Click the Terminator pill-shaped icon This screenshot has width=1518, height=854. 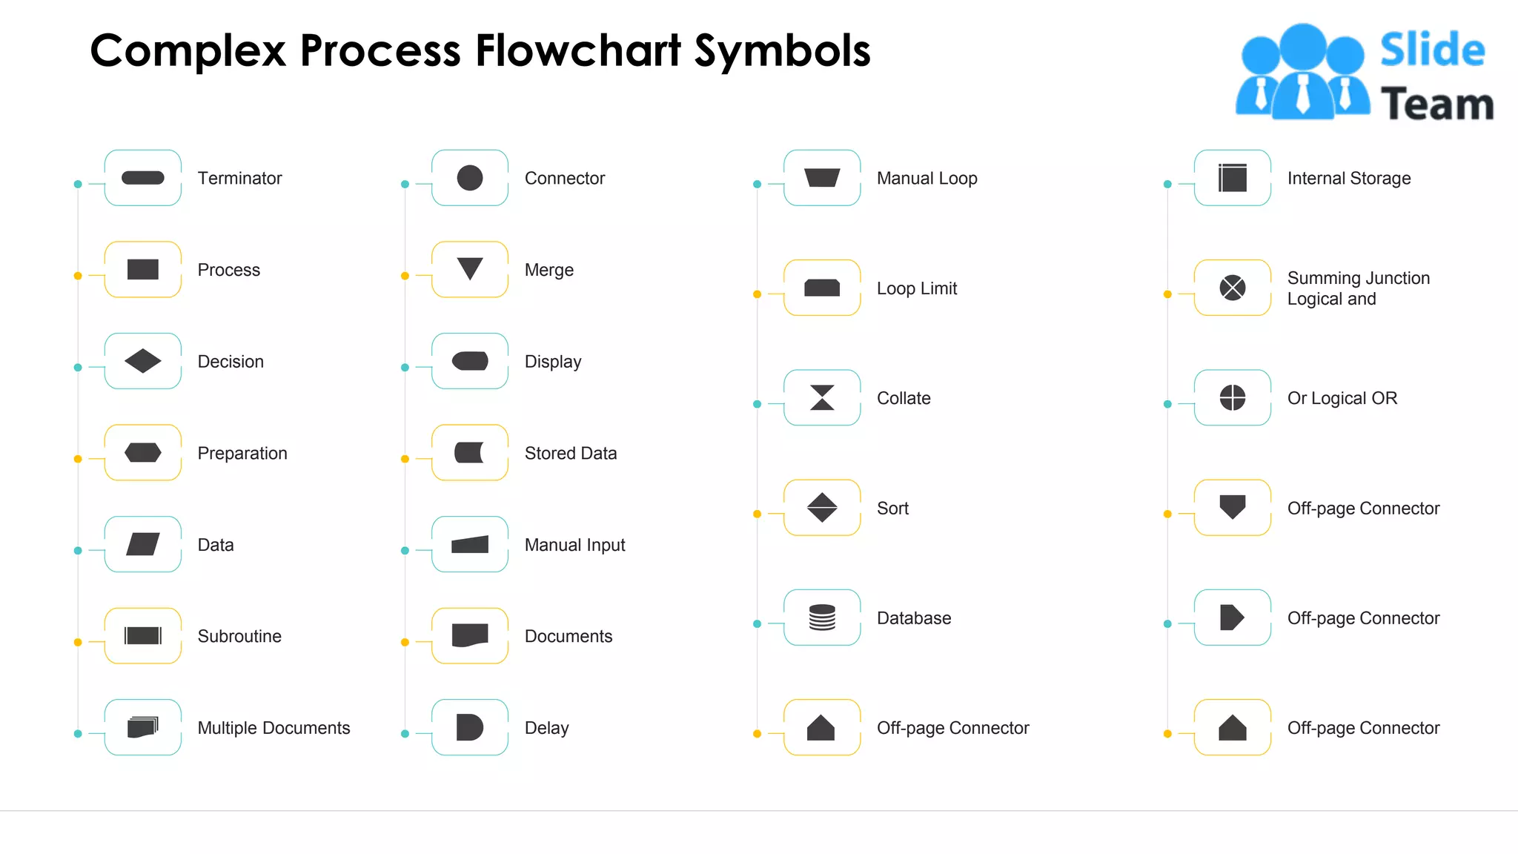143,178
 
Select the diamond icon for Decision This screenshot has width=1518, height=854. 143,361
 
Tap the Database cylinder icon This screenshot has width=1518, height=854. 822,618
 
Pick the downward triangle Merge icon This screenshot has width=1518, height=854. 470,268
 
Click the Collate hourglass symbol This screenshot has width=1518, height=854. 822,397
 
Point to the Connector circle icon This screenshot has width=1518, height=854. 470,178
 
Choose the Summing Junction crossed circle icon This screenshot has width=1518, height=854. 1233,288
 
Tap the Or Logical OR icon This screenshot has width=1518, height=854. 1233,397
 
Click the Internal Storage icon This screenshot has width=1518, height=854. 1233,178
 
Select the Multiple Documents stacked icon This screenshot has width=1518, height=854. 143,727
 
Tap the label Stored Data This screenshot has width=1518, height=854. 570,453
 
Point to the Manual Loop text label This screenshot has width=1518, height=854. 927,178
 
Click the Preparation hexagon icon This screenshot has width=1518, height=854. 143,452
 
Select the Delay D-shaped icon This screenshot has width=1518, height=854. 469,727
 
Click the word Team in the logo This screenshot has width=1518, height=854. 1436,104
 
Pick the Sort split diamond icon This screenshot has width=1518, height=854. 822,508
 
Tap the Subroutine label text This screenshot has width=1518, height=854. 239,636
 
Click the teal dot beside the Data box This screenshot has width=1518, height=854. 78,551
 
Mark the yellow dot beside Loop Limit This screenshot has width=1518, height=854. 757,294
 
